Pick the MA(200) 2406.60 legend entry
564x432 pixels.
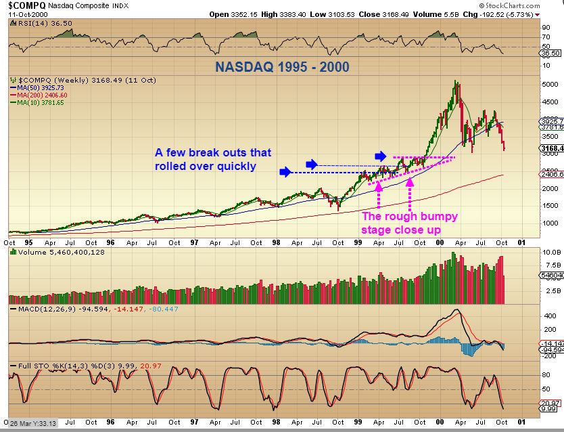(x=41, y=95)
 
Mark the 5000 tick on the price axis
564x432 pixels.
(x=549, y=85)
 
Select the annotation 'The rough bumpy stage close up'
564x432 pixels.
(x=409, y=223)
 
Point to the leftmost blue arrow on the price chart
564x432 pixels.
(x=285, y=172)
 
